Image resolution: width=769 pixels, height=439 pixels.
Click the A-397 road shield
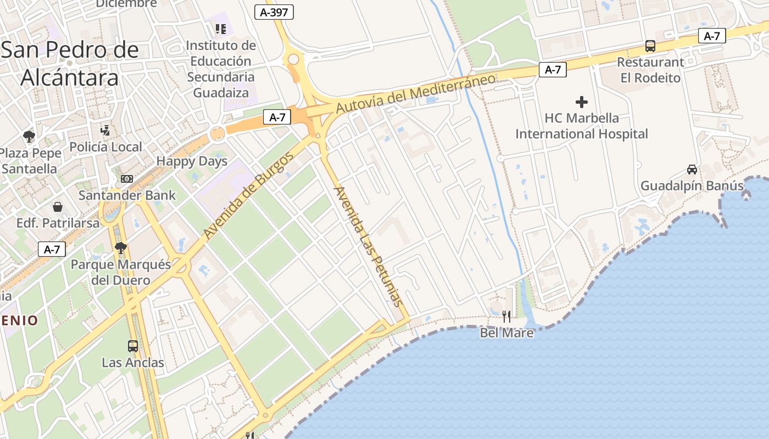(x=274, y=12)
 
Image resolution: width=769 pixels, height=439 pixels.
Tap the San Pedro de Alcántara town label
(x=70, y=64)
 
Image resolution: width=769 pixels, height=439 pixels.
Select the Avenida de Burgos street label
(x=249, y=195)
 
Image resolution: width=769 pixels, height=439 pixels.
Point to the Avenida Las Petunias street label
(x=368, y=246)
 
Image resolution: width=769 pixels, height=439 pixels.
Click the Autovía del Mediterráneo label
(x=415, y=93)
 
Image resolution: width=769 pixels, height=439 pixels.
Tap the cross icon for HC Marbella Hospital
(x=581, y=102)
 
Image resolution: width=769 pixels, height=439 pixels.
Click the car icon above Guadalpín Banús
(x=692, y=170)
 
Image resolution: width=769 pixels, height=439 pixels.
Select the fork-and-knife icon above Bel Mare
(x=506, y=316)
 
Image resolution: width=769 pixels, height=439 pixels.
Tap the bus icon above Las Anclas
(x=133, y=346)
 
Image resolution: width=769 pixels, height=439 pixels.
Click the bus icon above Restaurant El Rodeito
(x=650, y=46)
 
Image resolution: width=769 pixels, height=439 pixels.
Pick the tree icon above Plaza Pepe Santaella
(x=29, y=137)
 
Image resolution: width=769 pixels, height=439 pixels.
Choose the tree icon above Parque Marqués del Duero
(x=121, y=248)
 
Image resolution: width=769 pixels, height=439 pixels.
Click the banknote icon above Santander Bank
(x=127, y=179)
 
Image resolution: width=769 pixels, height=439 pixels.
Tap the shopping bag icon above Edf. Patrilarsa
(x=58, y=207)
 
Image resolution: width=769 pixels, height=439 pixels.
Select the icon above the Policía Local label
(x=105, y=131)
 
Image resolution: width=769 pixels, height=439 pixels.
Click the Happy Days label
(x=192, y=161)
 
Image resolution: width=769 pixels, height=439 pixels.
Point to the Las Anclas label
(x=133, y=363)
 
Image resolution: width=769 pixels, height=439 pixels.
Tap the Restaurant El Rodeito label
(x=650, y=70)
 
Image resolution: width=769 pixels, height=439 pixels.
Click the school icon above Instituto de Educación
(x=221, y=29)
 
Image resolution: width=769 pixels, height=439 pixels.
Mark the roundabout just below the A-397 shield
(x=293, y=59)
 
